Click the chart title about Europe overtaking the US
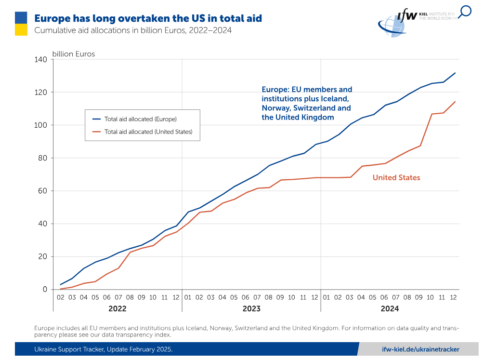point(148,18)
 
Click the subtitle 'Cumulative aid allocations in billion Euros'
point(133,31)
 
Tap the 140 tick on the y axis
point(40,59)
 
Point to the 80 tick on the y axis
point(42,158)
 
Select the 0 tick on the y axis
point(45,289)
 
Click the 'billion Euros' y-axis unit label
point(74,54)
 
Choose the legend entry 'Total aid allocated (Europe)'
point(140,119)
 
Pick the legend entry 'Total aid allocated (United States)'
point(148,132)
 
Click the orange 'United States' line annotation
point(396,178)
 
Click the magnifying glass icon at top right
point(465,12)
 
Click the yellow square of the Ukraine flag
point(21,29)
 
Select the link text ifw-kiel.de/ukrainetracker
point(420,349)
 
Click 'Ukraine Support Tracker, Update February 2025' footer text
point(103,349)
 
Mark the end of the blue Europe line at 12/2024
point(455,73)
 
